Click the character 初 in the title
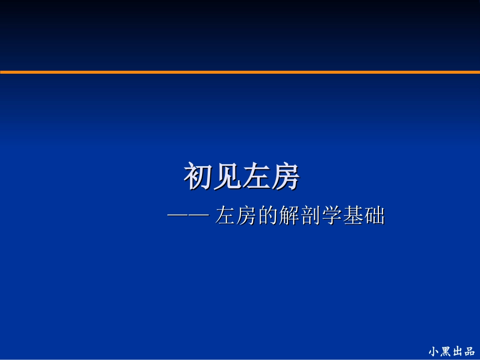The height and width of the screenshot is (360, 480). pyautogui.click(x=198, y=176)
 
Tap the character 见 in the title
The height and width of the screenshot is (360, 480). pyautogui.click(x=227, y=176)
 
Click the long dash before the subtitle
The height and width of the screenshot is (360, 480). pyautogui.click(x=187, y=217)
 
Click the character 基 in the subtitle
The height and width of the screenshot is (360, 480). pyautogui.click(x=353, y=217)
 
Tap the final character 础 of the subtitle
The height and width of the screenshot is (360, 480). pyautogui.click(x=374, y=217)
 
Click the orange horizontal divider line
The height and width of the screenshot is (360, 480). pyautogui.click(x=240, y=72)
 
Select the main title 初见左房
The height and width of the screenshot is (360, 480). pyautogui.click(x=242, y=176)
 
